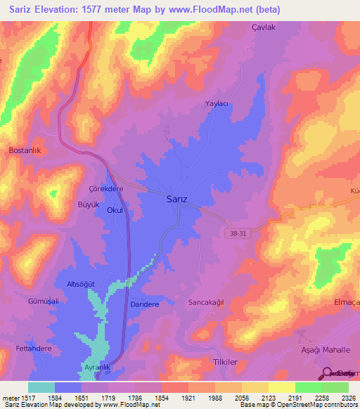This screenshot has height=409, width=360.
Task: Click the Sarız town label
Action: [176, 199]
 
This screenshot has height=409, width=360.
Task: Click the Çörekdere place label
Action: [106, 189]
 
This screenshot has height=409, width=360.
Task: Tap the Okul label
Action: [115, 210]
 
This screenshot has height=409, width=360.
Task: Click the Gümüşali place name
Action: [42, 301]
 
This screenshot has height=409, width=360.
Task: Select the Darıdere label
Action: [146, 304]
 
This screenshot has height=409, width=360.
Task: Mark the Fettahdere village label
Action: [34, 349]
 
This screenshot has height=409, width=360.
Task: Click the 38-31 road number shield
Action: [239, 233]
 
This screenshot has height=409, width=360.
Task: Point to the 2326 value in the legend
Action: [339, 398]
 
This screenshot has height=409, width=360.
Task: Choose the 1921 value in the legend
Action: [188, 398]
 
